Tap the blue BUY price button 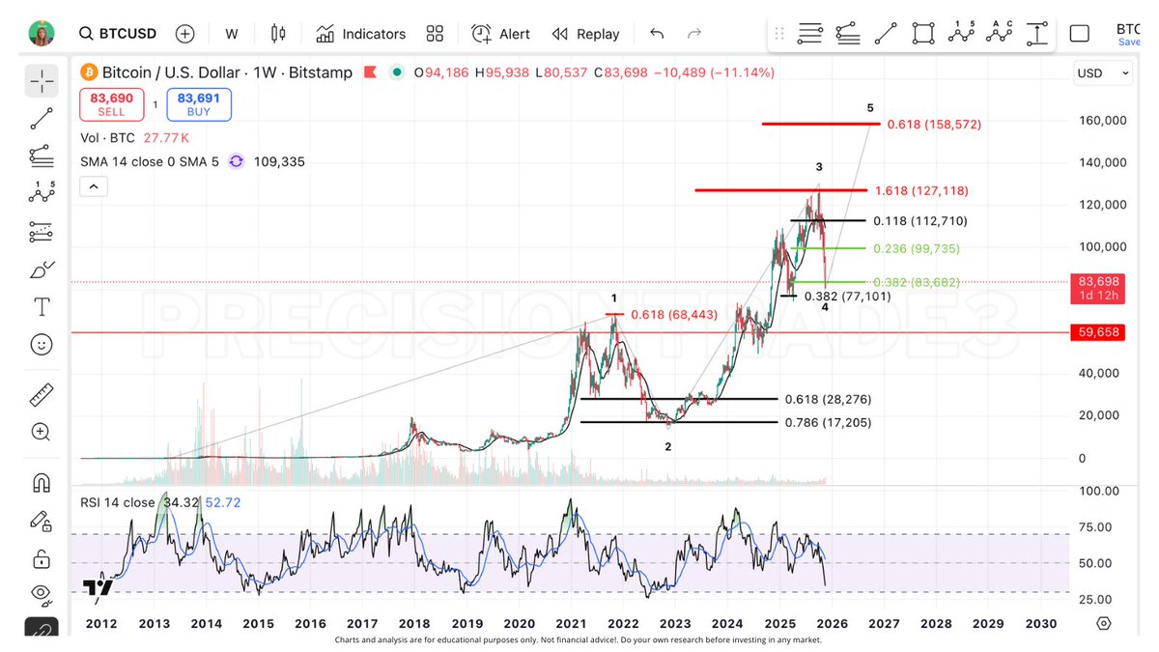198,104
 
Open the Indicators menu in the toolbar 360,34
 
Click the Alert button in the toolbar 500,34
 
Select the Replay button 585,34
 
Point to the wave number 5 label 870,107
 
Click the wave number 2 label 667,446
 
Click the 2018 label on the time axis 414,624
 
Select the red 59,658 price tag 1099,332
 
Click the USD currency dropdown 1102,73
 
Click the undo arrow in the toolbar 657,34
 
